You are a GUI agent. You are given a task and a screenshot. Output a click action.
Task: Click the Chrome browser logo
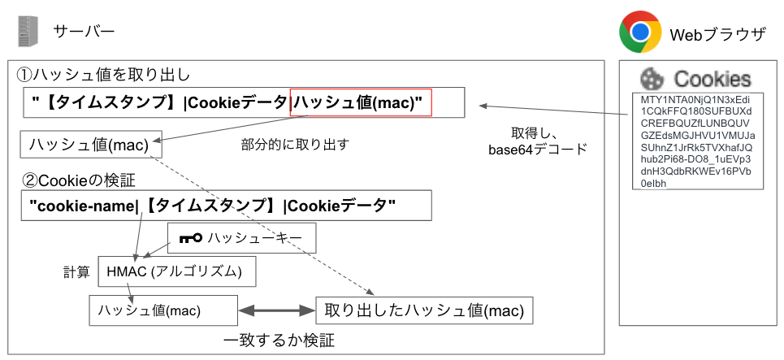pyautogui.click(x=639, y=32)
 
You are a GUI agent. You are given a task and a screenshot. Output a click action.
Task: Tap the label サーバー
pyautogui.click(x=84, y=32)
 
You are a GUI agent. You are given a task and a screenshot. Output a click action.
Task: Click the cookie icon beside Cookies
pyautogui.click(x=651, y=78)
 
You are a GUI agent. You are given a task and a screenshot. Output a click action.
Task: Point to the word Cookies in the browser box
pyautogui.click(x=713, y=79)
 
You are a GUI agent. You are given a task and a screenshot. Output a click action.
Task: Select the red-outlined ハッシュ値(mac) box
pyautogui.click(x=361, y=102)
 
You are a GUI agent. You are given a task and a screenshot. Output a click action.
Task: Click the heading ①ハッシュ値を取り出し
pyautogui.click(x=103, y=75)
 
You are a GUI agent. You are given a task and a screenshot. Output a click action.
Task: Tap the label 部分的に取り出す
pyautogui.click(x=295, y=145)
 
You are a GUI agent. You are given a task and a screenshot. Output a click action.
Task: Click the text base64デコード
pyautogui.click(x=537, y=150)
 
